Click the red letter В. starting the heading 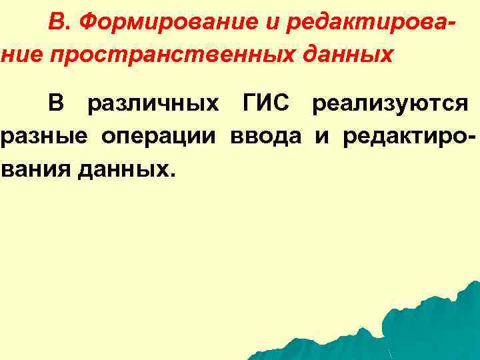58,24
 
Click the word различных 153,105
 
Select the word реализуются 389,105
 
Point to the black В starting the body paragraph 56,105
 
